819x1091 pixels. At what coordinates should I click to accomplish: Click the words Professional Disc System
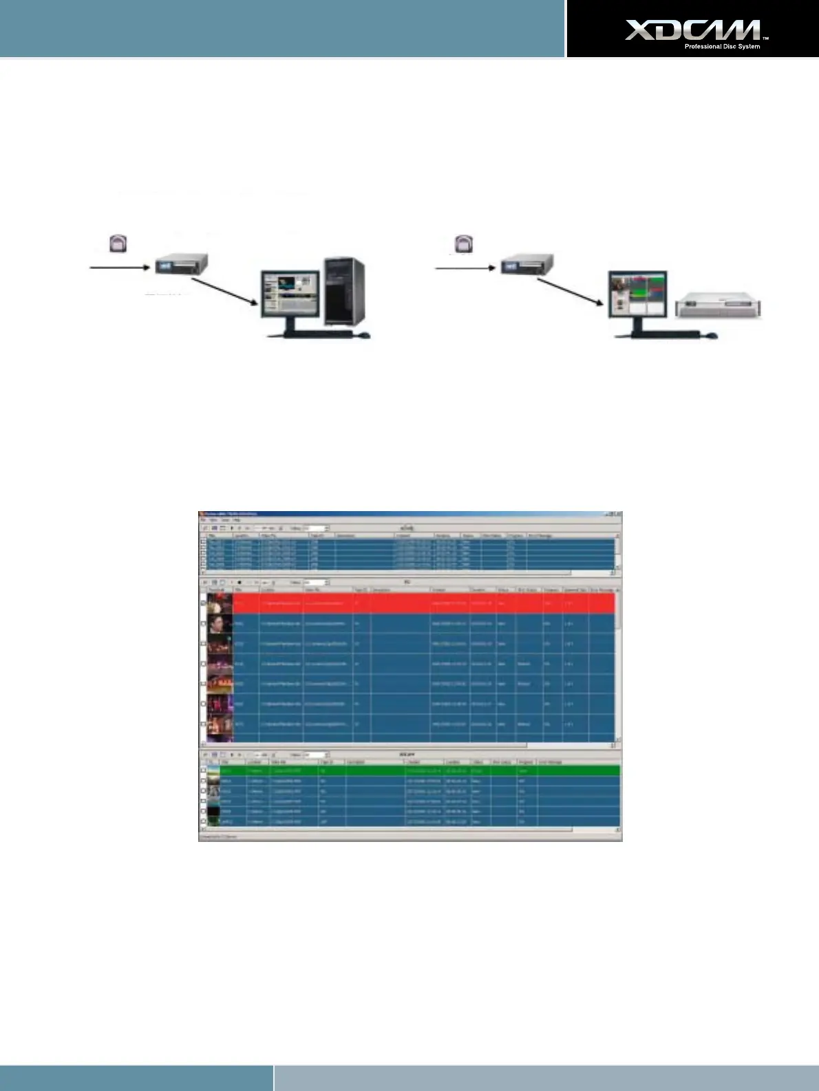tap(721, 47)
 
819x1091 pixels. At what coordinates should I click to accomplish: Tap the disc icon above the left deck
tap(119, 244)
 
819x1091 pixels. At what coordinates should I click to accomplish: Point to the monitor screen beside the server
tap(637, 294)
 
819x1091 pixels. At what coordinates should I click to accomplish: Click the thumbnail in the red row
tap(220, 604)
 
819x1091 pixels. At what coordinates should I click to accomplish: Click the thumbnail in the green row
tap(214, 770)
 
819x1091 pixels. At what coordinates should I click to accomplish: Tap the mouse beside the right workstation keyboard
tap(712, 336)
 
